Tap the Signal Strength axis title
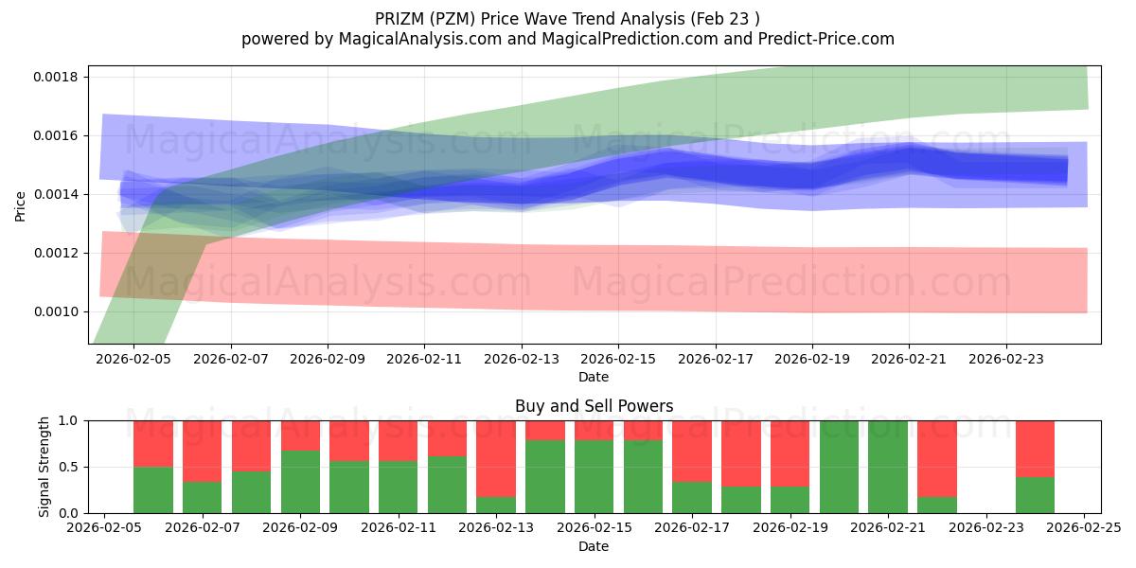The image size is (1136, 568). tap(44, 467)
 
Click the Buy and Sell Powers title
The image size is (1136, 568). tap(594, 406)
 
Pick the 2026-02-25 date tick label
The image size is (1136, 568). tap(1083, 529)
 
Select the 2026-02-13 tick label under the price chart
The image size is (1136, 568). tap(521, 360)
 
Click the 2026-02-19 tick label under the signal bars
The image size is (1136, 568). tap(790, 529)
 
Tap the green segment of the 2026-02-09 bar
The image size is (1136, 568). tap(300, 482)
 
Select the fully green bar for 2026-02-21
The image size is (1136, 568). tap(887, 467)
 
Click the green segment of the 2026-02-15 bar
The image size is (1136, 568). tap(594, 477)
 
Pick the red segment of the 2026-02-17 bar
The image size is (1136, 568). tap(692, 451)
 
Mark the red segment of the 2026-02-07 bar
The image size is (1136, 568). tap(203, 451)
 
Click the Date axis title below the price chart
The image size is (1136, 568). tap(594, 377)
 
